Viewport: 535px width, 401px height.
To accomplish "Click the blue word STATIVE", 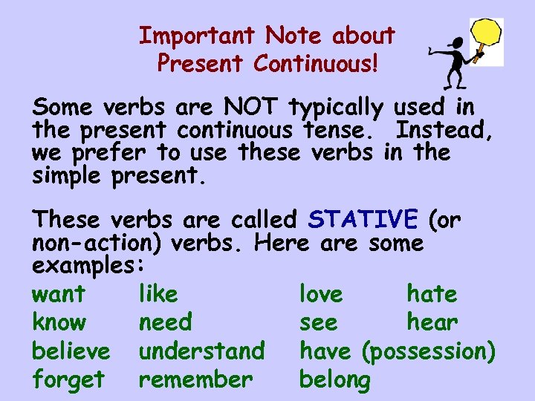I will pos(363,220).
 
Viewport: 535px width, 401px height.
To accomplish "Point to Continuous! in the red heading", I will pos(315,64).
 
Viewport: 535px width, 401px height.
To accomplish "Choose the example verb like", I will pos(158,294).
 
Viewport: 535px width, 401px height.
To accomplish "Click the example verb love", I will pos(321,294).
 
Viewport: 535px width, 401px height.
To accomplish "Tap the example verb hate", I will pos(432,294).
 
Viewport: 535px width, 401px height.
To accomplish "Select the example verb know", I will pos(59,322).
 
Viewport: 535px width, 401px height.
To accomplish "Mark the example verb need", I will pos(165,322).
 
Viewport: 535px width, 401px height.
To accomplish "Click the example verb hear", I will pos(432,322).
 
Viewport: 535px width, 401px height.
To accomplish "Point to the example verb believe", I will pos(71,351).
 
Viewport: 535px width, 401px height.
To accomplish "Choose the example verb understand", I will pos(201,351).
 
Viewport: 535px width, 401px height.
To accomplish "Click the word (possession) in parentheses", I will pos(428,351).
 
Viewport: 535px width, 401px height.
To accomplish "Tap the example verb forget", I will pos(68,379).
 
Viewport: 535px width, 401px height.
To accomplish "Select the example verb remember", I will pos(195,379).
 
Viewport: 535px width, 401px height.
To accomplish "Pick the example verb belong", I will pos(334,379).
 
